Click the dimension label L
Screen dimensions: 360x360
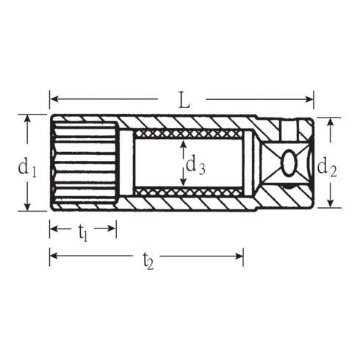(184, 100)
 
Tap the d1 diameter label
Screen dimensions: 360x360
(26, 168)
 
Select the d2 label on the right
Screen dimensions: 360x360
(327, 168)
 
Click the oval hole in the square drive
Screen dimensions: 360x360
(289, 162)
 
